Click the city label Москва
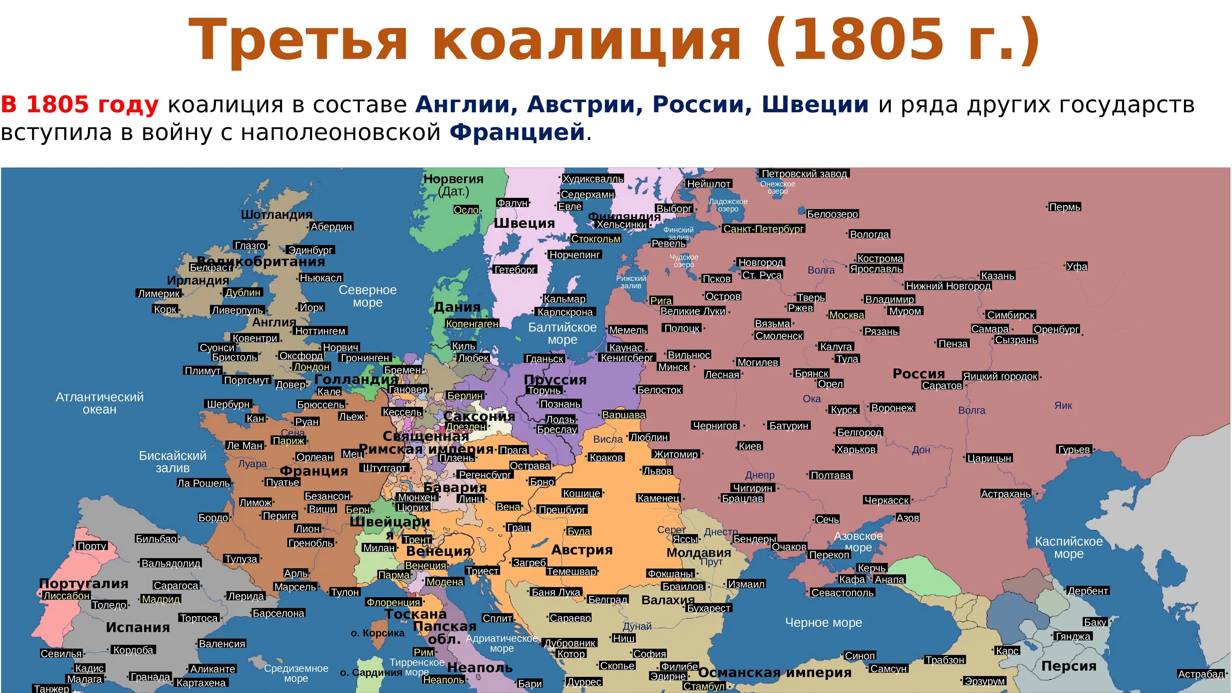[846, 315]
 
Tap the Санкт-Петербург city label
[763, 229]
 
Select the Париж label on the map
[288, 441]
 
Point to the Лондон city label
[311, 367]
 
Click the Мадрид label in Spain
[161, 599]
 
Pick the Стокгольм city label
[595, 239]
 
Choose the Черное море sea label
[823, 622]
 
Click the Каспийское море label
[1069, 547]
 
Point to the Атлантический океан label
[99, 403]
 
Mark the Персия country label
[1069, 666]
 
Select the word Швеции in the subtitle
[814, 104]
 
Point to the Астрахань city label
[1005, 493]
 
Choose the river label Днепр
[759, 475]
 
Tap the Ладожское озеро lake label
[728, 205]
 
